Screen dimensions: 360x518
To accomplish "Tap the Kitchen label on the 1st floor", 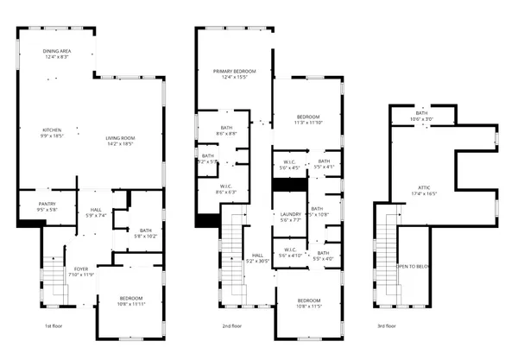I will pos(53,132).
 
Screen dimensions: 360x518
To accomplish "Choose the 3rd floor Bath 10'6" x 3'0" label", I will pos(421,116).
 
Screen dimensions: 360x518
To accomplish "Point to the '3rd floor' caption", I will pos(388,326).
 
